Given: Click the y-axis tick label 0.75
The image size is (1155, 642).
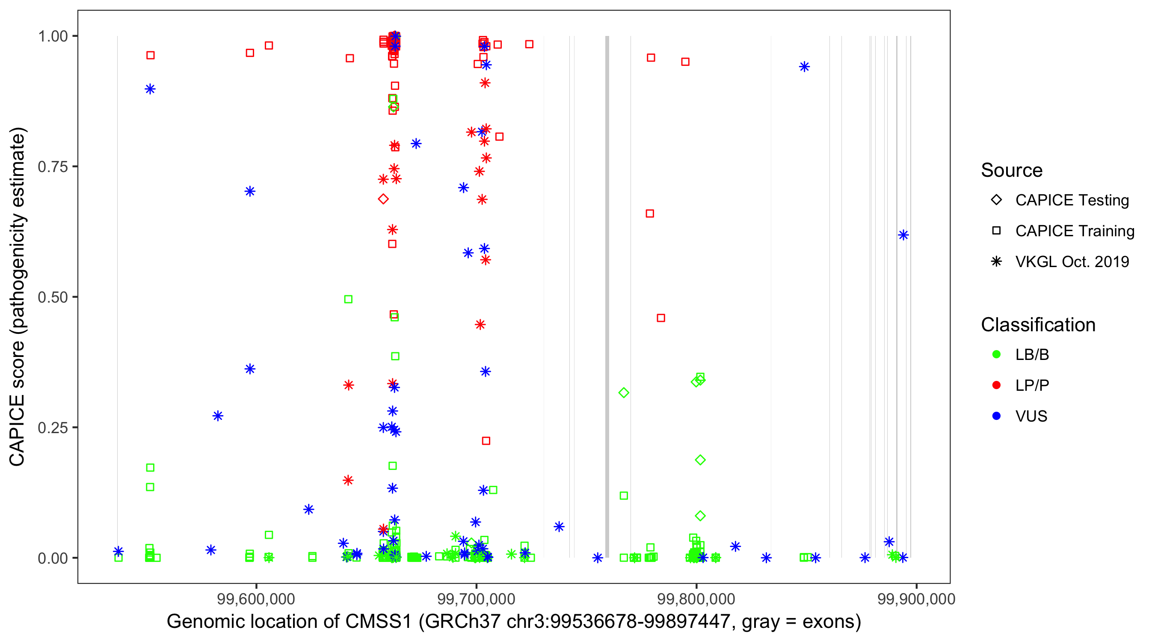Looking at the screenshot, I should pos(52,167).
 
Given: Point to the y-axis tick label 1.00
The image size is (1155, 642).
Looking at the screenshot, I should pos(52,36).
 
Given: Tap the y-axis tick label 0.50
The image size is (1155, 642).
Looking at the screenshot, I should pos(52,297).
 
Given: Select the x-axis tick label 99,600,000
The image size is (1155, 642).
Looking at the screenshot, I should pos(256,599).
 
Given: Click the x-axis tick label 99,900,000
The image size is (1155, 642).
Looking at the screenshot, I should pos(916,599).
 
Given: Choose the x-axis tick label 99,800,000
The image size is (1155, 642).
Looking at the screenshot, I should pos(696,599).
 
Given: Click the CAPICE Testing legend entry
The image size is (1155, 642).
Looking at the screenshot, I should pos(1072,200).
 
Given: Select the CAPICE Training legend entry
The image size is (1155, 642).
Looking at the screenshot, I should pos(1074,231).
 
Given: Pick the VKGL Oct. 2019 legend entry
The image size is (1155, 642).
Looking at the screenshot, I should pos(1072,262).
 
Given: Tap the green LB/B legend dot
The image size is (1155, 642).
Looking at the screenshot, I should pos(996,354).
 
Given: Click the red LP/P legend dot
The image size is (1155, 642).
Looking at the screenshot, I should pos(996,385).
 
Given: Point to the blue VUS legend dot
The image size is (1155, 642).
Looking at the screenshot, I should pos(996,416).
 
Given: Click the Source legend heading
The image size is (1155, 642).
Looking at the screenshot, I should pos(1012,170).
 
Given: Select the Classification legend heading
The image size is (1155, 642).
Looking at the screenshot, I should pos(1038,325).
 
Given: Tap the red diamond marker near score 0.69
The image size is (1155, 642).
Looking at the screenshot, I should pos(383,199).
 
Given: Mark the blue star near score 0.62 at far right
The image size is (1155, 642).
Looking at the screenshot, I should pos(903,235).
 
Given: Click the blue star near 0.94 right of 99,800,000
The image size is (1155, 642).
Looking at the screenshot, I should pos(804,67).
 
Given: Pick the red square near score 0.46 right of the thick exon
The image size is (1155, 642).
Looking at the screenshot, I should pos(661,318).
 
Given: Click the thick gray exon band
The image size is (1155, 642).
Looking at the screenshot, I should pos(607,296).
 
